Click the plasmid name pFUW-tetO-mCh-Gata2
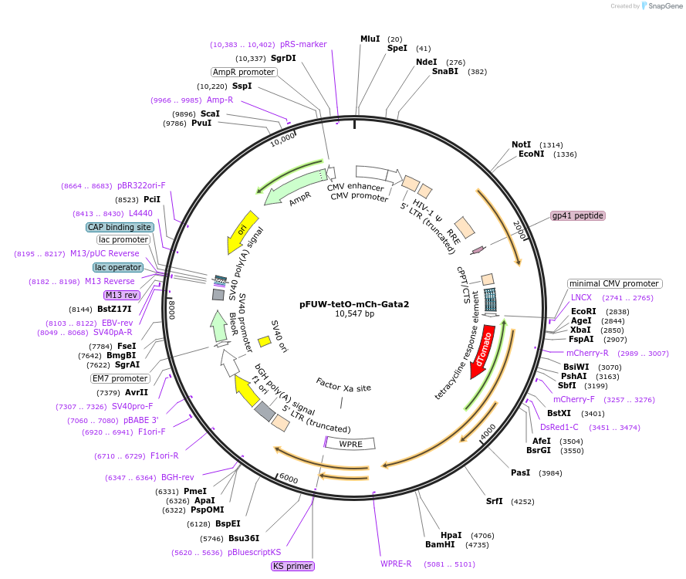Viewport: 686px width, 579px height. pos(354,304)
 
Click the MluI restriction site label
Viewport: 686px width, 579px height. pos(370,39)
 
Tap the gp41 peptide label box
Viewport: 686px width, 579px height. pos(577,216)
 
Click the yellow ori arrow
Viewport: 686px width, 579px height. pos(240,232)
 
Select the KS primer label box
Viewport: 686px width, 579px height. pos(292,566)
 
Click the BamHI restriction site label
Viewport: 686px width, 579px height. pos(441,545)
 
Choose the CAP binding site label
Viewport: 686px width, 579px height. pos(120,227)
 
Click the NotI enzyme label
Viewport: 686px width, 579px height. pos(522,144)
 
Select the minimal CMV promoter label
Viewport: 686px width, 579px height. pos(614,283)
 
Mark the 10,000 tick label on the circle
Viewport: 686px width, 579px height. pos(282,138)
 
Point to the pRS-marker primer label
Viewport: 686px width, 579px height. pos(303,44)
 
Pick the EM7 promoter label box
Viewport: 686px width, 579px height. pos(119,378)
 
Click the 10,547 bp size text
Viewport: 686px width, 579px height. pos(354,314)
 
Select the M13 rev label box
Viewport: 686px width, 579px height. pos(120,295)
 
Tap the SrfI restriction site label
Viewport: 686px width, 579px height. pos(495,501)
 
